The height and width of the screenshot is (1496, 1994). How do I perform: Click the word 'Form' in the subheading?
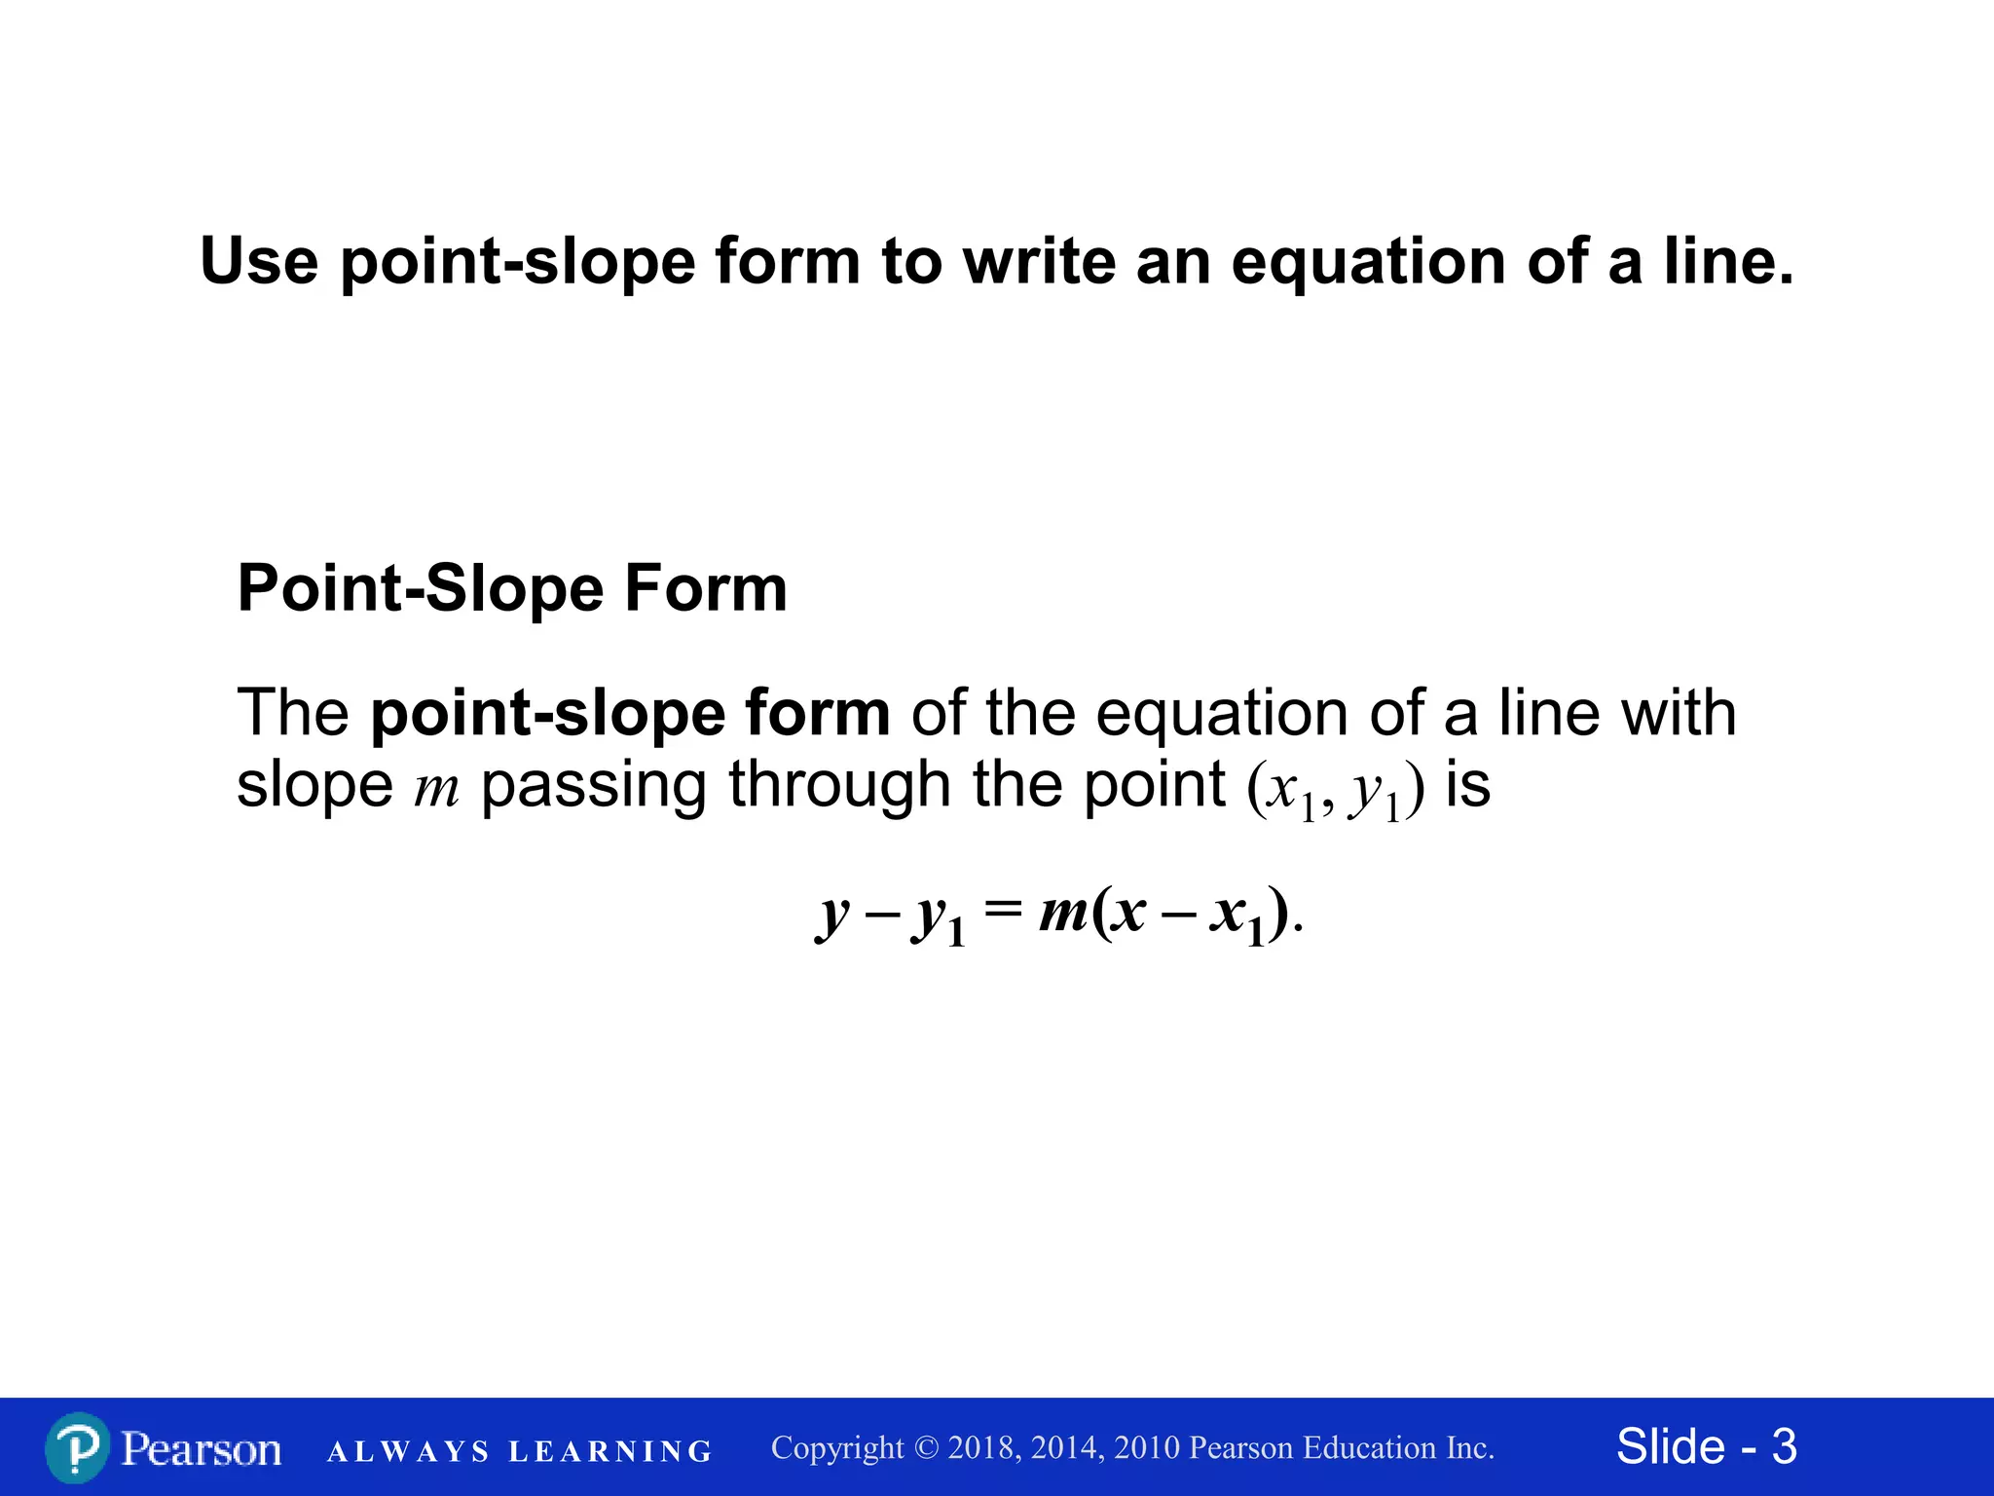pyautogui.click(x=705, y=588)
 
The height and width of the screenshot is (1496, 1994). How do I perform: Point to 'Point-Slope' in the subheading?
pyautogui.click(x=420, y=588)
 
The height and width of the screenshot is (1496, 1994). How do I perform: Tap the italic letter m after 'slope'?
pyautogui.click(x=435, y=789)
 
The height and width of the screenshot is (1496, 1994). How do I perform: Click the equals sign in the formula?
pyautogui.click(x=1003, y=910)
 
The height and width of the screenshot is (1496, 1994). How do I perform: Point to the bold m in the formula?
pyautogui.click(x=1063, y=913)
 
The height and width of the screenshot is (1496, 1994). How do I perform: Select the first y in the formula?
pyautogui.click(x=833, y=916)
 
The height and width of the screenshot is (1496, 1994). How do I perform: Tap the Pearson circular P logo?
pyautogui.click(x=77, y=1448)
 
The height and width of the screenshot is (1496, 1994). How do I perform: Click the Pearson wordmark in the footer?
pyautogui.click(x=202, y=1449)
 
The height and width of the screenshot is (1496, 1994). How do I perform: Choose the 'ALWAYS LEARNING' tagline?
pyautogui.click(x=520, y=1452)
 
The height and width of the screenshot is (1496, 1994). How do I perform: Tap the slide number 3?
pyautogui.click(x=1784, y=1447)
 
